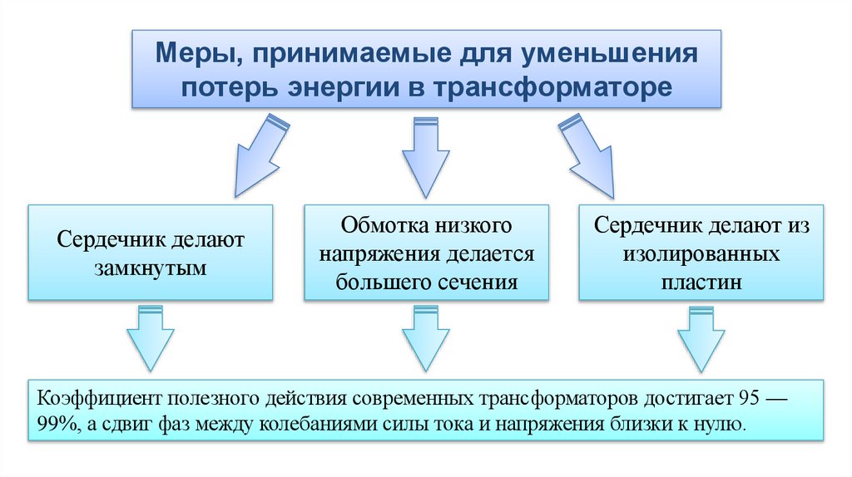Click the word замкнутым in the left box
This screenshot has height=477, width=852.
(x=151, y=268)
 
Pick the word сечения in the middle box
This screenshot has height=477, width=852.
(x=478, y=282)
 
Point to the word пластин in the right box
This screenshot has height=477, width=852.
(x=701, y=282)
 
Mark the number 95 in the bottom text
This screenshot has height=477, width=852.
(x=755, y=396)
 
